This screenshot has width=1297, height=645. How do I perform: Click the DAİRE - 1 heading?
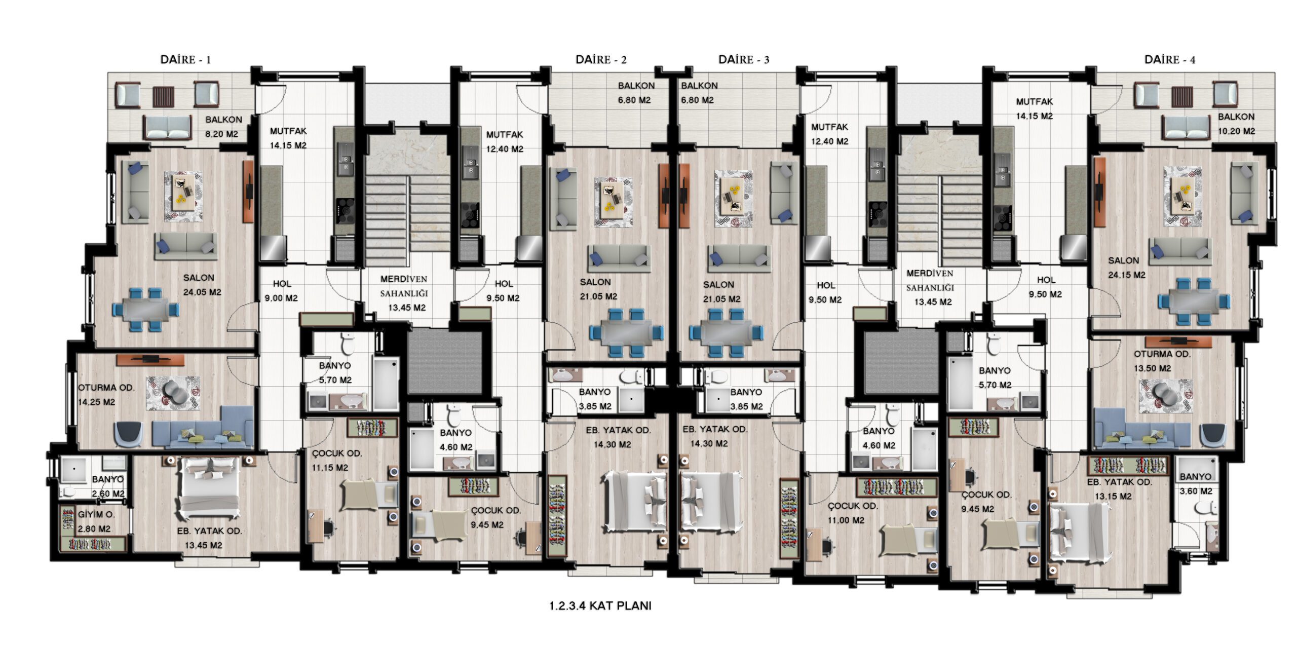pyautogui.click(x=185, y=60)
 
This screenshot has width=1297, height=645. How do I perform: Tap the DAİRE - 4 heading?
pyautogui.click(x=1170, y=60)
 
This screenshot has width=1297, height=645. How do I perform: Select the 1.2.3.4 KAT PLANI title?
pyautogui.click(x=600, y=606)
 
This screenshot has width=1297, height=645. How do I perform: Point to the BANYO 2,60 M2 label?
pyautogui.click(x=108, y=486)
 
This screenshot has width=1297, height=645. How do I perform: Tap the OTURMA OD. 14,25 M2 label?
pyautogui.click(x=106, y=395)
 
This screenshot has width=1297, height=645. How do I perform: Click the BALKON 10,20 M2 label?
pyautogui.click(x=1236, y=124)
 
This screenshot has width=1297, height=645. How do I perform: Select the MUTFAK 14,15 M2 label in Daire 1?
pyautogui.click(x=288, y=138)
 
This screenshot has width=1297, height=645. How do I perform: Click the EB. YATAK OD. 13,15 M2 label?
pyautogui.click(x=1119, y=489)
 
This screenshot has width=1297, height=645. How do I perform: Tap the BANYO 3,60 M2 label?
pyautogui.click(x=1196, y=484)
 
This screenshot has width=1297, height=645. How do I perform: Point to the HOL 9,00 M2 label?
pyautogui.click(x=282, y=291)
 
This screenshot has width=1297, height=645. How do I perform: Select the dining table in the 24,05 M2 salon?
pyautogui.click(x=146, y=309)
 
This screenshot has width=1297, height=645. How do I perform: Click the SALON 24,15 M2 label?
pyautogui.click(x=1126, y=268)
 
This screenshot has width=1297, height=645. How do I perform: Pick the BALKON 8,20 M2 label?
pyautogui.click(x=223, y=127)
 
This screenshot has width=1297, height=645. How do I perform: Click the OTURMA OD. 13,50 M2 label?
pyautogui.click(x=1162, y=361)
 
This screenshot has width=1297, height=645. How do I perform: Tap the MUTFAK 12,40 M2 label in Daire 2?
pyautogui.click(x=505, y=142)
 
